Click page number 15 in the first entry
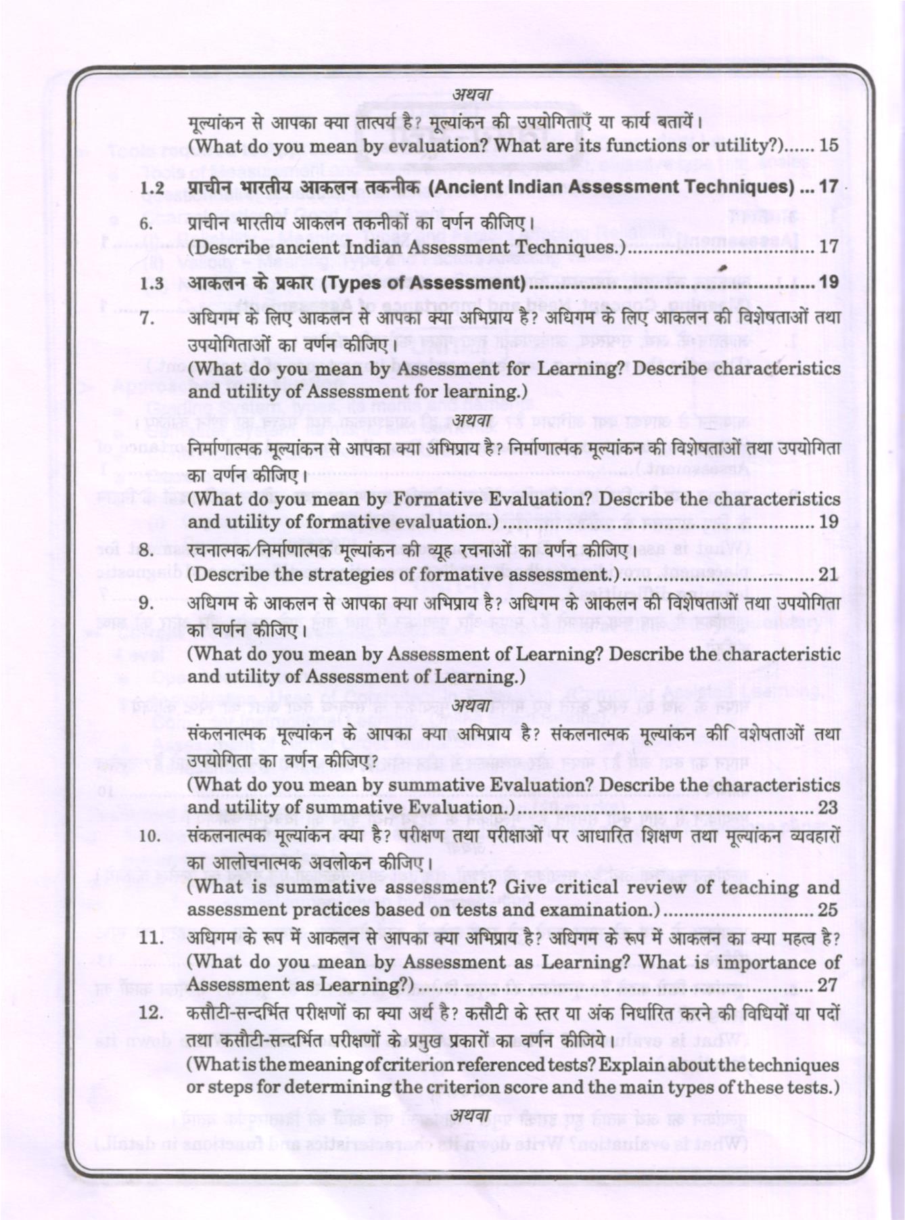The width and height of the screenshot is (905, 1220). [828, 145]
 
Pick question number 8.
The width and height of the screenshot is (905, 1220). [146, 551]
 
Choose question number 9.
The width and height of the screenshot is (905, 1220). [146, 603]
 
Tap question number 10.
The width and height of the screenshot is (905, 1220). [149, 836]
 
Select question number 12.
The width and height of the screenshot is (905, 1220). [149, 1014]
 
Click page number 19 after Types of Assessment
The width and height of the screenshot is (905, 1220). [828, 283]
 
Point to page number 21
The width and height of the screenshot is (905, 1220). [828, 574]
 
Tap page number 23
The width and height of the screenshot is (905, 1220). [828, 807]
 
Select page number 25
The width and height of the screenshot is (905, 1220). [828, 909]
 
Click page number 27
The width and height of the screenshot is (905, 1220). [828, 985]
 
